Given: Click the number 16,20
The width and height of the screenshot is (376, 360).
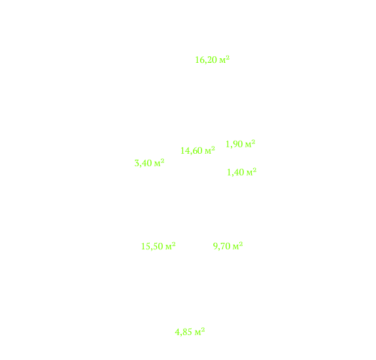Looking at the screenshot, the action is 206,60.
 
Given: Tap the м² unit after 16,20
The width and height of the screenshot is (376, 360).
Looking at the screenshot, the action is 224,60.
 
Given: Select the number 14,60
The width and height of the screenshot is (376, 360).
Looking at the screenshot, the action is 192,151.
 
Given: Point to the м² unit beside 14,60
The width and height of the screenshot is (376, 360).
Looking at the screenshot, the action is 210,151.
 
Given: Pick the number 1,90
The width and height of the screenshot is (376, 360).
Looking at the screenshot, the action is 234,144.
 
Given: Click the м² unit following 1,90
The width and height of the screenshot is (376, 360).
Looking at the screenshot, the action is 250,144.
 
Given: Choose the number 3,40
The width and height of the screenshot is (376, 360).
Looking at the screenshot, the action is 143,163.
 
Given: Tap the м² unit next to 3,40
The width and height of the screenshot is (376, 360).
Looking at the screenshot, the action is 159,163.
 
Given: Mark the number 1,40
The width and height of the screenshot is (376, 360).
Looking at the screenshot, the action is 235,172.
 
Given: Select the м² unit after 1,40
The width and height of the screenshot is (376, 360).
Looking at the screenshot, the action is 251,172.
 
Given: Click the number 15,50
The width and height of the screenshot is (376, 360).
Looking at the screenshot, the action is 152,247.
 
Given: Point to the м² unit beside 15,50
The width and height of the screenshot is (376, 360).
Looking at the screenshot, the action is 171,246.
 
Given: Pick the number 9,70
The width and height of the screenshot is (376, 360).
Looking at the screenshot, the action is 222,246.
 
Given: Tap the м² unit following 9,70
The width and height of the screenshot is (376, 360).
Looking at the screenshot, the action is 238,245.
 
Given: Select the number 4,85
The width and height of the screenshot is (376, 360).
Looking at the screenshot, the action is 184,332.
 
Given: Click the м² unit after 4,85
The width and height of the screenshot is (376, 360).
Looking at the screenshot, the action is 199,332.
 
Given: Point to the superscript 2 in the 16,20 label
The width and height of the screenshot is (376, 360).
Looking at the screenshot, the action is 228,58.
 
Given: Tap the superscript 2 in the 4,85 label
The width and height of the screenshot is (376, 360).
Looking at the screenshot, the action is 203,330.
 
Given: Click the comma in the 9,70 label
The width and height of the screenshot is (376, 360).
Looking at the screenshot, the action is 218,249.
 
